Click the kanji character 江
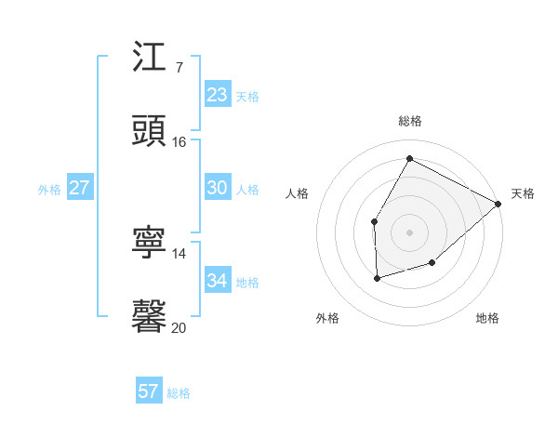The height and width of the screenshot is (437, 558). click(150, 57)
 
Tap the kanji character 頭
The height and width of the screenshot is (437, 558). click(150, 131)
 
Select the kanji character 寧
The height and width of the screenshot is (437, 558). click(150, 243)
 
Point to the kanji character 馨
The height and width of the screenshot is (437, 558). click(150, 317)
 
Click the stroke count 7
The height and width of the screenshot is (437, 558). click(179, 67)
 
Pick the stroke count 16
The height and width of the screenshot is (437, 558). click(179, 141)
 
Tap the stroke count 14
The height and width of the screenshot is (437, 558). click(179, 253)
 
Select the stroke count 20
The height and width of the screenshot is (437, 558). click(179, 327)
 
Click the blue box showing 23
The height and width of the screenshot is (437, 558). click(218, 95)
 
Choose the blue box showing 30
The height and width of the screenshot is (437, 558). click(218, 188)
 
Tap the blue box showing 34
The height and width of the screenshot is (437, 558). click(218, 281)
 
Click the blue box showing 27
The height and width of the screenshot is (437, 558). click(80, 188)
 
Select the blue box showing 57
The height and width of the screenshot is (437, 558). click(149, 391)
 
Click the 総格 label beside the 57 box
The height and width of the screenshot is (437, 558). click(179, 393)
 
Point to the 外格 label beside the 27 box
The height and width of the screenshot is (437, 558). click(49, 190)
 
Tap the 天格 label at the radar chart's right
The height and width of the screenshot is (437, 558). click(523, 193)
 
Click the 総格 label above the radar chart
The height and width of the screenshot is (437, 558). click(410, 121)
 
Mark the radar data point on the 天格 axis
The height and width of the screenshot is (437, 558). click(498, 204)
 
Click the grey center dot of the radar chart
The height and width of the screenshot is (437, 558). click(409, 232)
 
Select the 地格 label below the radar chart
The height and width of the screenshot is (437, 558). click(487, 318)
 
